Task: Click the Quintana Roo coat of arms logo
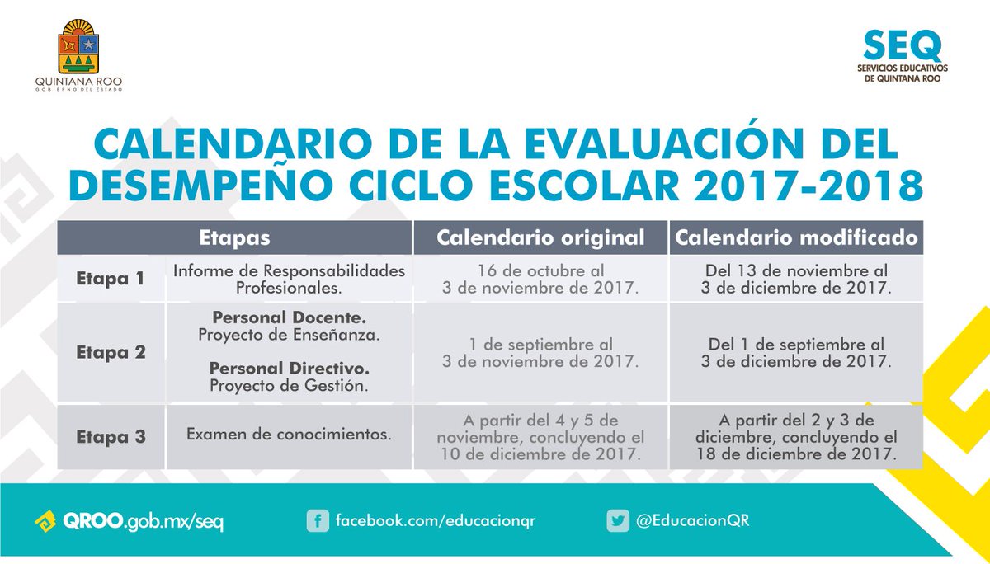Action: click(x=79, y=49)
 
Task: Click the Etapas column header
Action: click(x=234, y=238)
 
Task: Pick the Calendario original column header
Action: click(x=540, y=238)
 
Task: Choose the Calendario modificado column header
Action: click(x=796, y=238)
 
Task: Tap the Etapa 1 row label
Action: click(x=111, y=279)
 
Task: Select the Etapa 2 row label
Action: click(x=111, y=352)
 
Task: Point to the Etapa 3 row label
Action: click(x=111, y=436)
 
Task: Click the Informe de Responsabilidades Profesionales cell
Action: click(x=289, y=279)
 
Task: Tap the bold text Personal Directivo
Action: click(x=289, y=368)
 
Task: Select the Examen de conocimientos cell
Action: click(x=289, y=432)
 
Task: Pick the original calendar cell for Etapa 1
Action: click(x=540, y=279)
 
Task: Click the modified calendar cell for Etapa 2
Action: click(x=796, y=352)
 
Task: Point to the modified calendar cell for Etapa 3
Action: click(x=796, y=436)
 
